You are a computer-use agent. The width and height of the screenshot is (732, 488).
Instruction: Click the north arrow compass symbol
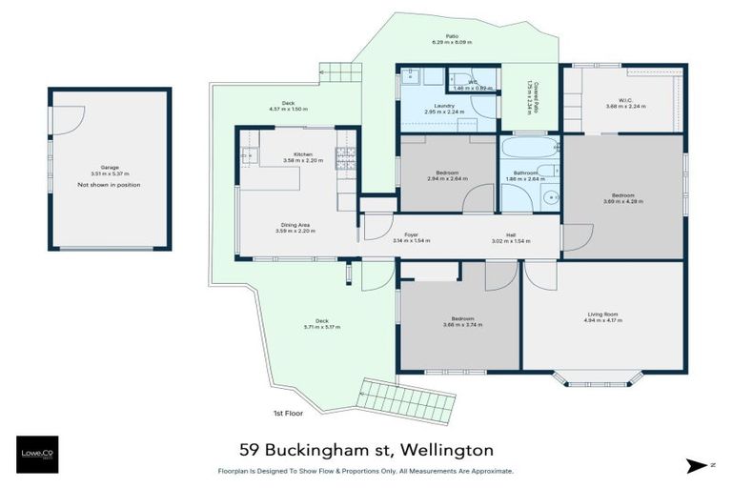698,465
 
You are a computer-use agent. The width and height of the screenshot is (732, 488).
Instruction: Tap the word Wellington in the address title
447,448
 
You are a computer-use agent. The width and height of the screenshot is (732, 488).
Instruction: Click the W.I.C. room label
625,100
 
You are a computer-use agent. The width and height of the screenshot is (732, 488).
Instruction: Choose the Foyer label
411,234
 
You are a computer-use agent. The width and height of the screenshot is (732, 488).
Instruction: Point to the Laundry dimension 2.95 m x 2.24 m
443,112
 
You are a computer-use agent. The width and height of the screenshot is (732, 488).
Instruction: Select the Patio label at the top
438,36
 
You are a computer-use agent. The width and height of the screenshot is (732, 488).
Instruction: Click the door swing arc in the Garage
63,118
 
